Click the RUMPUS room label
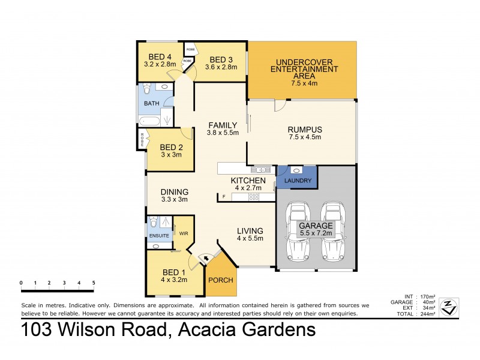tap(305, 130)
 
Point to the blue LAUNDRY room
tap(298, 179)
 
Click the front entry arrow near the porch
tap(206, 259)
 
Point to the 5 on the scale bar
tap(93, 282)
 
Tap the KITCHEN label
tap(248, 180)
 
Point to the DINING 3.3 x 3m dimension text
tap(175, 199)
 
